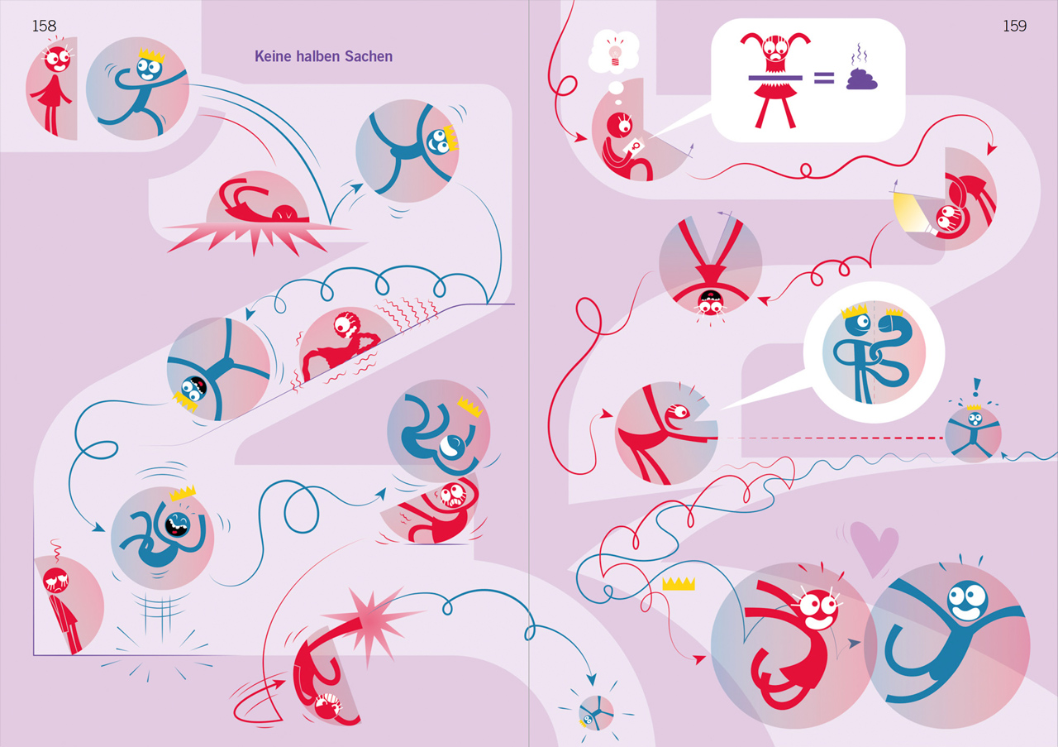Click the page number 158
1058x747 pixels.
pos(44,26)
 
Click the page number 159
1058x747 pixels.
pos(1014,26)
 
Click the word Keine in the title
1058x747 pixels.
pos(273,56)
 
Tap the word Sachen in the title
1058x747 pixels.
pos(369,56)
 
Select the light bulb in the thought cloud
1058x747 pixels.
pos(615,55)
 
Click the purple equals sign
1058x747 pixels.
pos(824,78)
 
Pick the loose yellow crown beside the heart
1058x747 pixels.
pos(679,583)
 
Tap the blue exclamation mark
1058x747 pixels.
pos(977,387)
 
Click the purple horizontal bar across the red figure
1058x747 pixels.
pos(775,78)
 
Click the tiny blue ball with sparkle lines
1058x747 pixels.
pos(596,712)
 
